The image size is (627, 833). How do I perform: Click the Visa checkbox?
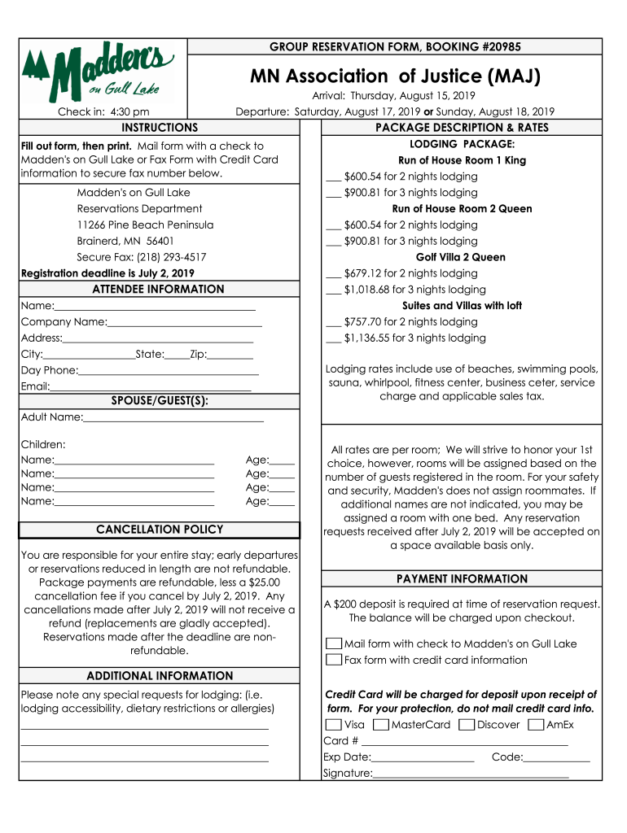tap(333, 725)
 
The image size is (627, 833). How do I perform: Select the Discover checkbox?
tap(467, 725)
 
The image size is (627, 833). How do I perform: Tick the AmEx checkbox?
tap(536, 725)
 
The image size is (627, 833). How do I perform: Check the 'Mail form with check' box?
tap(333, 643)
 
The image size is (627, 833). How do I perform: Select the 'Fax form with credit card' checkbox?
tap(333, 660)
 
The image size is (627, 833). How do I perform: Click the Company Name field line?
tap(184, 322)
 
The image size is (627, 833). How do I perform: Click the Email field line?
tap(151, 387)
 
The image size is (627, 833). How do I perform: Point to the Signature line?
tap(471, 774)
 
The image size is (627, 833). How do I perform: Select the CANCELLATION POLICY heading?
tap(160, 530)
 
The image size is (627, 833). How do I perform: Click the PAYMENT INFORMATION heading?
tap(462, 579)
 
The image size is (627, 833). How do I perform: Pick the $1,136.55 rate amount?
tap(370, 338)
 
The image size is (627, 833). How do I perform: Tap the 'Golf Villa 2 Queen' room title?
tap(461, 257)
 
